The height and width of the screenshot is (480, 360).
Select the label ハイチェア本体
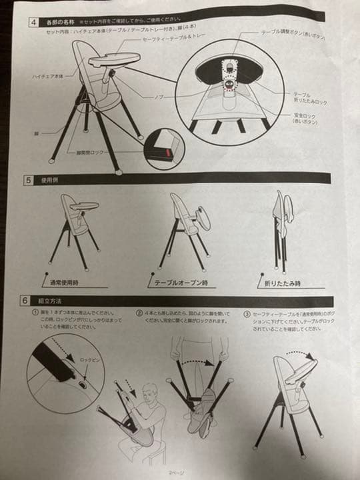[x=47, y=77]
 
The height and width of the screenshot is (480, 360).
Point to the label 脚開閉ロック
[x=91, y=153]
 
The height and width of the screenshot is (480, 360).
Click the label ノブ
[x=159, y=97]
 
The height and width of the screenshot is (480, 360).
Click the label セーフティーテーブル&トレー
[x=169, y=40]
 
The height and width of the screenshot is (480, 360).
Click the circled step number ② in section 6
[x=139, y=312]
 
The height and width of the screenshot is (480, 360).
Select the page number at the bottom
[x=176, y=472]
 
